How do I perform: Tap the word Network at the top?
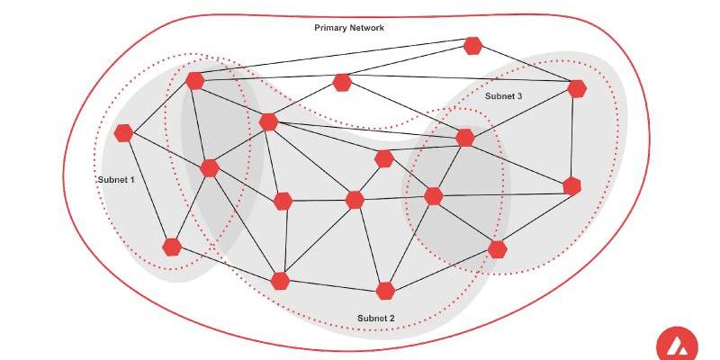367,28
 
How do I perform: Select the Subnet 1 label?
116,180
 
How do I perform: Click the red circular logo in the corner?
677,345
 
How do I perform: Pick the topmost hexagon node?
472,45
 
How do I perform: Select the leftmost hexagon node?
124,133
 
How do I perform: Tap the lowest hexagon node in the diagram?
386,290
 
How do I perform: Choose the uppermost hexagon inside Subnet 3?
577,88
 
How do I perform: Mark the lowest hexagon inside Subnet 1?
172,246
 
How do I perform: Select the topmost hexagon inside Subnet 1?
195,80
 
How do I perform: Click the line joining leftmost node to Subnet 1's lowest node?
148,189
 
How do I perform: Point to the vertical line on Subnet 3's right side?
574,137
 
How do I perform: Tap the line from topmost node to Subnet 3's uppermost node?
525,67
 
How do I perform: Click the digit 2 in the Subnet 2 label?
391,318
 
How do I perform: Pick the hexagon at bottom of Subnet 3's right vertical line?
571,186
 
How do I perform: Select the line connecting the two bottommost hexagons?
333,285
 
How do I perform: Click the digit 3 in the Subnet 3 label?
520,96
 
